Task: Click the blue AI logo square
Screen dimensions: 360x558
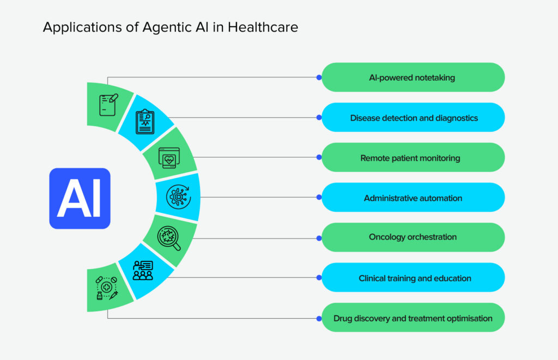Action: point(80,198)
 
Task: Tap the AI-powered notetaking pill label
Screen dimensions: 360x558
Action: point(413,77)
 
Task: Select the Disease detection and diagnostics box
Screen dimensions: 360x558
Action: point(413,118)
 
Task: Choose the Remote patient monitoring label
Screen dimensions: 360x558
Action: point(413,158)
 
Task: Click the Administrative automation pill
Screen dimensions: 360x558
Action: point(413,198)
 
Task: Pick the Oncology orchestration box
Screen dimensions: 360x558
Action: point(413,237)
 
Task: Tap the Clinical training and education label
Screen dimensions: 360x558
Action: point(413,278)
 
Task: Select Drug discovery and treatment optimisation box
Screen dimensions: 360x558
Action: point(413,318)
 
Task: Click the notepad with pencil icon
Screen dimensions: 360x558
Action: point(108,105)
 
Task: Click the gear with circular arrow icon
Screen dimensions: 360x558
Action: point(178,197)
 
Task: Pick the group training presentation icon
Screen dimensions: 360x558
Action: point(144,270)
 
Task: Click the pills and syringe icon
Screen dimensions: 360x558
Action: point(107,289)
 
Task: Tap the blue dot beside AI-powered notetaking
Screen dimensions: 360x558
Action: point(319,77)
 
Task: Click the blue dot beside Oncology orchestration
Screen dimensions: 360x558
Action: point(319,238)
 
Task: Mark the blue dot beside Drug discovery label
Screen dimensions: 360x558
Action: point(319,318)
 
